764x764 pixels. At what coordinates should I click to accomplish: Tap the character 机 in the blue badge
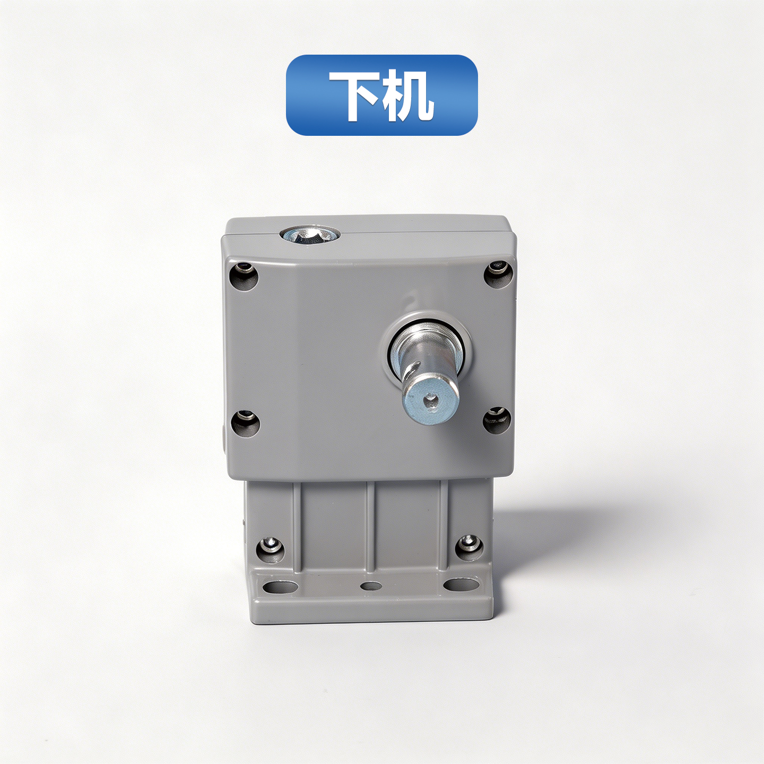click(x=408, y=95)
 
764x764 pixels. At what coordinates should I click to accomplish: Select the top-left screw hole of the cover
click(x=244, y=275)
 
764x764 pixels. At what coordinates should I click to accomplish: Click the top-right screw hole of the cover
click(x=499, y=273)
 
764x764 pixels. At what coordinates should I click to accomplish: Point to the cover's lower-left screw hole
click(x=245, y=423)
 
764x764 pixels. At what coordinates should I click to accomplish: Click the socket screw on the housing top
click(x=309, y=234)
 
